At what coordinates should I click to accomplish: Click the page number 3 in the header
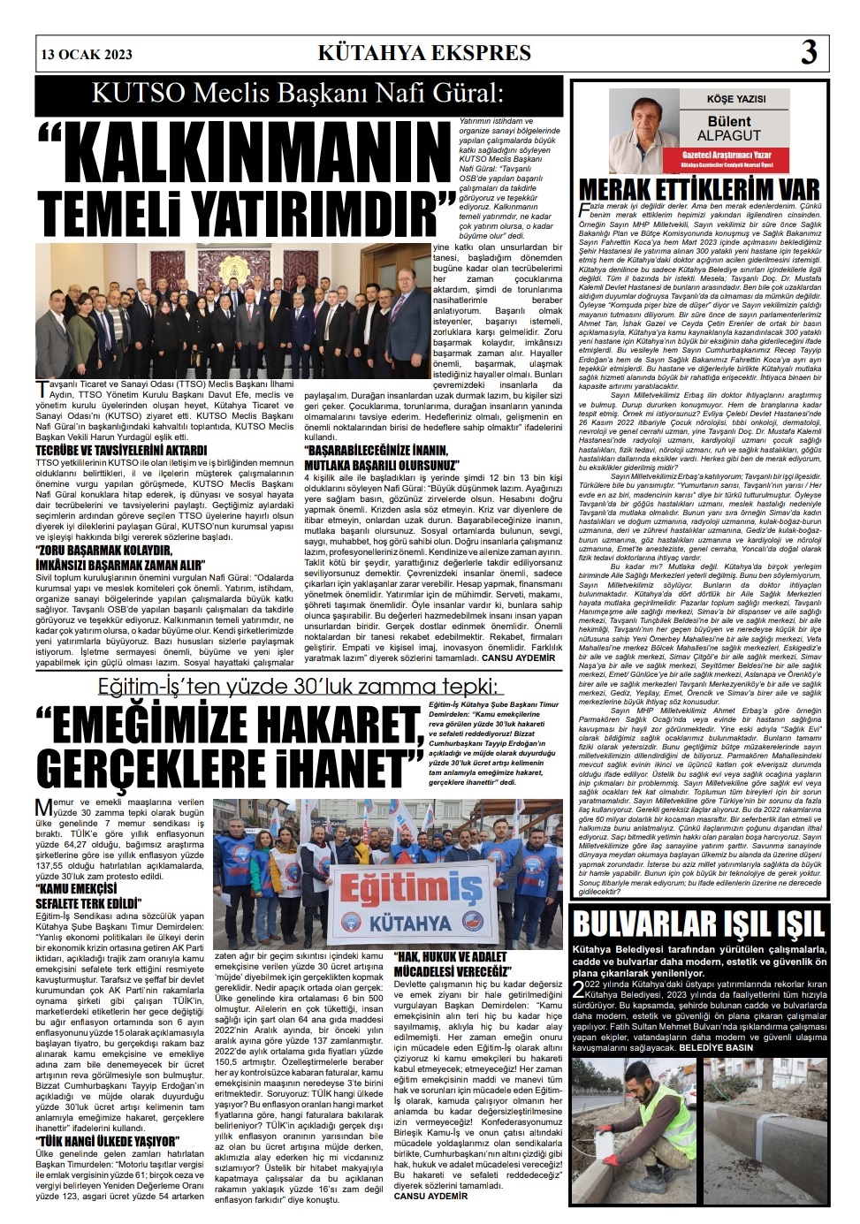[808, 54]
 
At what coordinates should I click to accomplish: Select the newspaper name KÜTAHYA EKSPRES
[424, 53]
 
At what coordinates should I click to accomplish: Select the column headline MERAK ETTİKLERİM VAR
[698, 188]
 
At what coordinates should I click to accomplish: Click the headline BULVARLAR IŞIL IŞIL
[698, 925]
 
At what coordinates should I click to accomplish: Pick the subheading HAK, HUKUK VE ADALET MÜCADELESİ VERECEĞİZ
[452, 965]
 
